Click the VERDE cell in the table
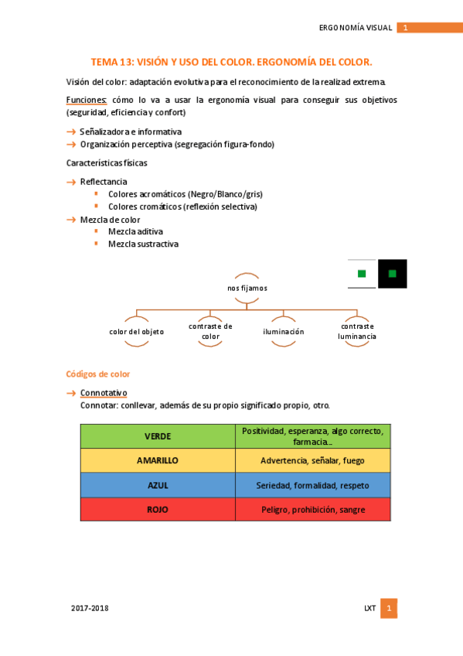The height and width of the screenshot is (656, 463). click(x=158, y=436)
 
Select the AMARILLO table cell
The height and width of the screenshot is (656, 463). click(x=158, y=460)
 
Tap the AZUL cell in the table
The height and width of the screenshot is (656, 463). click(x=158, y=485)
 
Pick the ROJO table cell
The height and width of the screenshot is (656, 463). click(x=158, y=510)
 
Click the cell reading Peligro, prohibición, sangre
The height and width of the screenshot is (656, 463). click(x=313, y=510)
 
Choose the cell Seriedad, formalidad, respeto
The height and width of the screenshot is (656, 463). click(x=313, y=485)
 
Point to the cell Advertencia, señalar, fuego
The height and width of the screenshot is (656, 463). click(x=313, y=460)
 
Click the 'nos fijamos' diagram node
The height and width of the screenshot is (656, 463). click(x=247, y=288)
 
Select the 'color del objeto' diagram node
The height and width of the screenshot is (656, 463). click(x=137, y=331)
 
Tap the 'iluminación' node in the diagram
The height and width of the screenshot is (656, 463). click(x=283, y=331)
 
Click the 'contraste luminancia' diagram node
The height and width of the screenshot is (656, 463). click(x=357, y=331)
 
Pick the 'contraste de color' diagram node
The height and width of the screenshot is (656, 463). click(x=210, y=331)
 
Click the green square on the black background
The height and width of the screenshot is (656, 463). click(x=393, y=273)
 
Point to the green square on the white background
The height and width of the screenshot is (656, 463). click(x=362, y=273)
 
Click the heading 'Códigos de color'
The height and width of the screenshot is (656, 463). click(x=98, y=374)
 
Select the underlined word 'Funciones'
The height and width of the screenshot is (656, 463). click(x=87, y=100)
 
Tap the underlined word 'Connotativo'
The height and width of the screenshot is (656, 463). click(x=104, y=393)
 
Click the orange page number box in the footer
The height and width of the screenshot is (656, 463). click(x=390, y=608)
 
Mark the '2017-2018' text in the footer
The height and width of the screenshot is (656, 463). click(x=90, y=608)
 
